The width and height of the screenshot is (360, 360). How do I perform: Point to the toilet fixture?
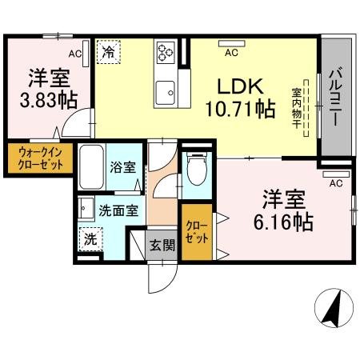(x=196, y=170)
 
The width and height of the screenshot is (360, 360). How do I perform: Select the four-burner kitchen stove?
(x=166, y=53)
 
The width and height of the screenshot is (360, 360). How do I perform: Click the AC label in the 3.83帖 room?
(x=74, y=54)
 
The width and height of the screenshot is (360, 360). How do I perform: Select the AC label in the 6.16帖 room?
(x=336, y=182)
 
